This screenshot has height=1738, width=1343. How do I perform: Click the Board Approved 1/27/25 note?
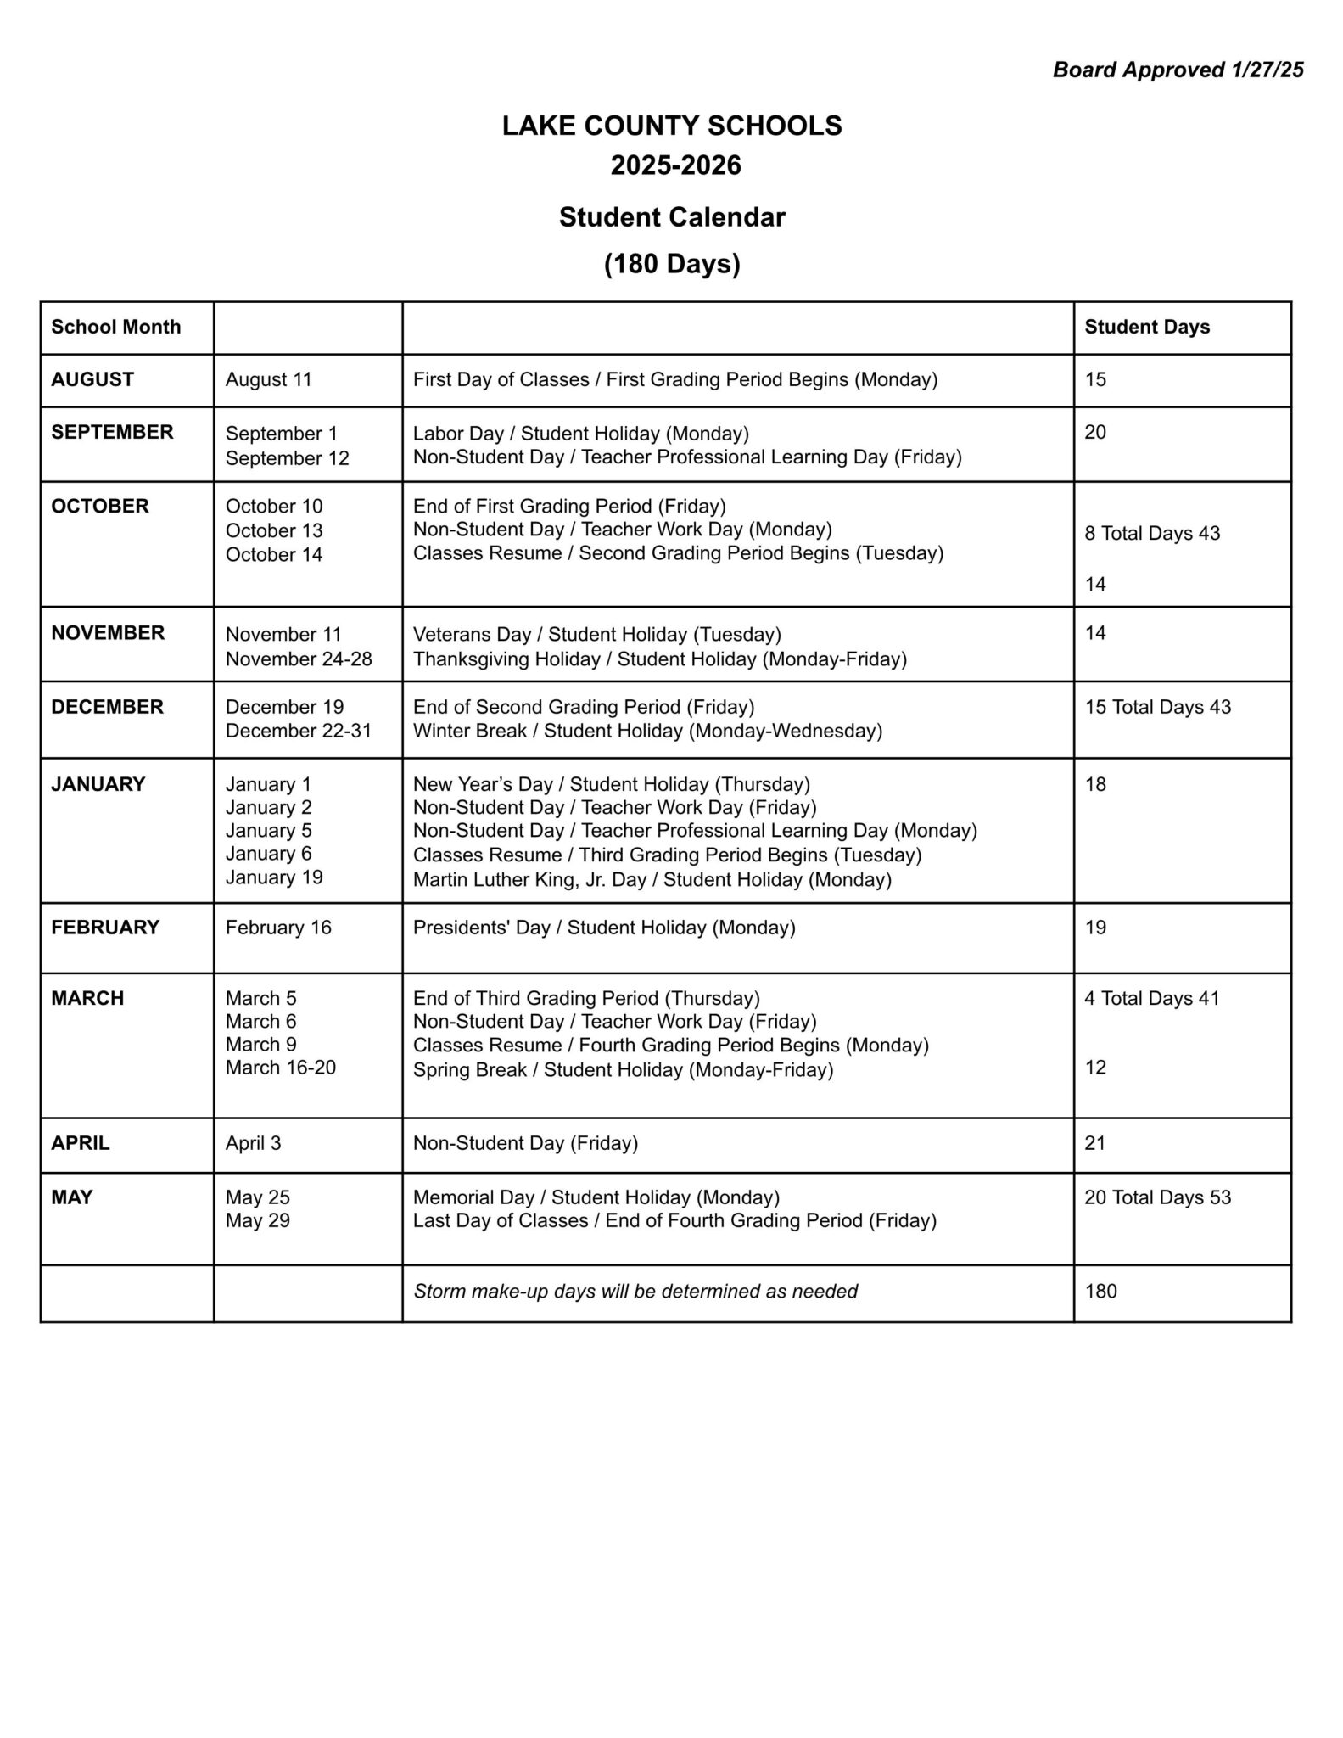(1178, 70)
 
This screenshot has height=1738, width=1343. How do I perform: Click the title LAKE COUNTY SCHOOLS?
(672, 126)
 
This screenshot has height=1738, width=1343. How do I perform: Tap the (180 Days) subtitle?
(672, 264)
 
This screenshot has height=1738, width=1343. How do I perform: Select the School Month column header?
(116, 327)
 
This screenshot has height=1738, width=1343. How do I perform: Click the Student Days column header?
(1147, 327)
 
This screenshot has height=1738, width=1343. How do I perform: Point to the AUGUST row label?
(92, 379)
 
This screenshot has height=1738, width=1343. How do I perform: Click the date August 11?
(269, 379)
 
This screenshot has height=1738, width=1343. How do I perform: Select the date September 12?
(288, 458)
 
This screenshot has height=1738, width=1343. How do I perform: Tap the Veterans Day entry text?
(596, 634)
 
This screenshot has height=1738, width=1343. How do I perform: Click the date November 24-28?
(299, 659)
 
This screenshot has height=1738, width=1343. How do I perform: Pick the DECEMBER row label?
(107, 707)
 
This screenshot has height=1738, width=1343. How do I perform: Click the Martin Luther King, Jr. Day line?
(652, 879)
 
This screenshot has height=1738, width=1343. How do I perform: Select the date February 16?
(278, 928)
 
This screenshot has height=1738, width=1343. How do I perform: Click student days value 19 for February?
(1095, 928)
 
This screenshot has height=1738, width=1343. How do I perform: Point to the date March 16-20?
(281, 1068)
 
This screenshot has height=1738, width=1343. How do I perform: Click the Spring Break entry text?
(623, 1069)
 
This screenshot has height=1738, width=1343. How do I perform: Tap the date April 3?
(253, 1143)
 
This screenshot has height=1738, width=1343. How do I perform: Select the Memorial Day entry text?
(596, 1197)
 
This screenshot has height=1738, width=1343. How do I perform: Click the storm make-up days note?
(635, 1291)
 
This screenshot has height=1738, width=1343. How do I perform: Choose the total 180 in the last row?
(1100, 1291)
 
